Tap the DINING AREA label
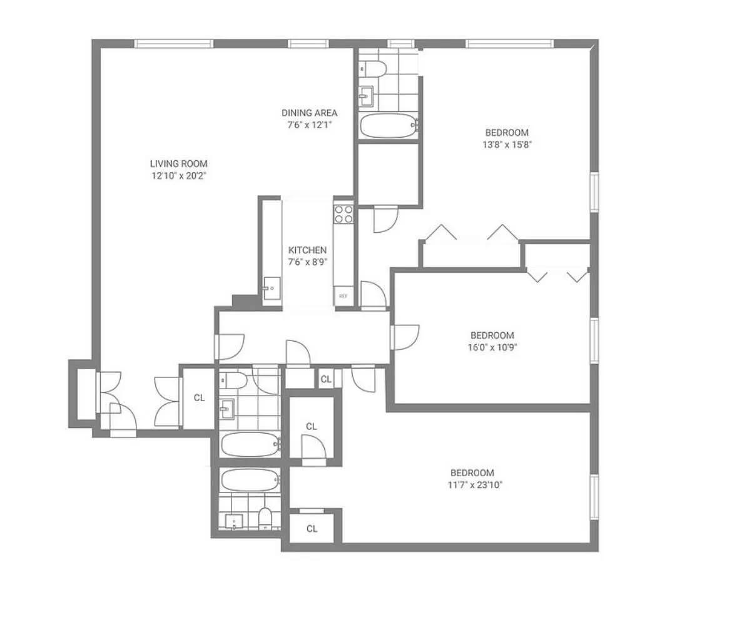click(309, 113)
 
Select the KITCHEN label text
click(307, 250)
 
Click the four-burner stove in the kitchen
click(343, 214)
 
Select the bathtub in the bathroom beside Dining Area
click(388, 125)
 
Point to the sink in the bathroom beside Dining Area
click(366, 96)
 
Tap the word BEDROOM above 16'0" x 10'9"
click(492, 335)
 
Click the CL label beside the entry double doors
click(199, 397)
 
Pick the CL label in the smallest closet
click(325, 379)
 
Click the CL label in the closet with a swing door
click(312, 426)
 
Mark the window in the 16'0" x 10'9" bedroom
click(594, 340)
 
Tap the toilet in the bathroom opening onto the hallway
click(233, 380)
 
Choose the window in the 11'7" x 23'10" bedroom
click(594, 497)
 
